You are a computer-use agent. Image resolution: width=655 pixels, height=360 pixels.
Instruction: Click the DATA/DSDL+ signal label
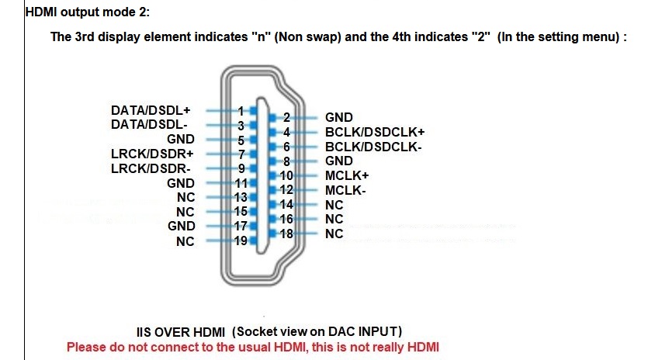[x=151, y=111]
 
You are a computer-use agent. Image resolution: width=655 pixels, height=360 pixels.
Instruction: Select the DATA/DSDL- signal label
[x=150, y=124]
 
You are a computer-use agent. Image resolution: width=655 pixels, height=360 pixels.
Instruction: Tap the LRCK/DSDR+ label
[x=152, y=154]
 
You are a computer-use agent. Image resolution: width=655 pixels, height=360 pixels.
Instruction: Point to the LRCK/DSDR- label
[x=151, y=168]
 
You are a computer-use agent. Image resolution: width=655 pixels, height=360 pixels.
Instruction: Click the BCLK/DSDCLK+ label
[x=375, y=132]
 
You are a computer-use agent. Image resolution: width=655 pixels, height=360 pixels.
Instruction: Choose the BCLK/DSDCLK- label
[x=373, y=146]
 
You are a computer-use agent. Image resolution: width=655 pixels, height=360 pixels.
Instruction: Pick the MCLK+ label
[x=347, y=175]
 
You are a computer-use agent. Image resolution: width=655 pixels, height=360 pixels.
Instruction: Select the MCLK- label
[x=345, y=190]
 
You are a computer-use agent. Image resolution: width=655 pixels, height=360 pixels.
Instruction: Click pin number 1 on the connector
[x=241, y=111]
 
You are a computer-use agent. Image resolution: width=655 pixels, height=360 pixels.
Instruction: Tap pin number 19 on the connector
[x=241, y=241]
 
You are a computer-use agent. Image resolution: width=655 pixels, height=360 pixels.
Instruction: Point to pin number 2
[x=286, y=118]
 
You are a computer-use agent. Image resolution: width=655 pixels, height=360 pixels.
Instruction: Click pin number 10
[x=286, y=175]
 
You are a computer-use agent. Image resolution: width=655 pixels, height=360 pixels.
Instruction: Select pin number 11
[x=241, y=183]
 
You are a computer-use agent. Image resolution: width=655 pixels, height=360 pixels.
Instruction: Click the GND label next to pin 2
[x=339, y=118]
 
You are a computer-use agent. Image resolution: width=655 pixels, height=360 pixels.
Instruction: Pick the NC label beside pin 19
[x=185, y=241]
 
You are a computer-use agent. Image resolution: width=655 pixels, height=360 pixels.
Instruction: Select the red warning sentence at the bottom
[x=252, y=347]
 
